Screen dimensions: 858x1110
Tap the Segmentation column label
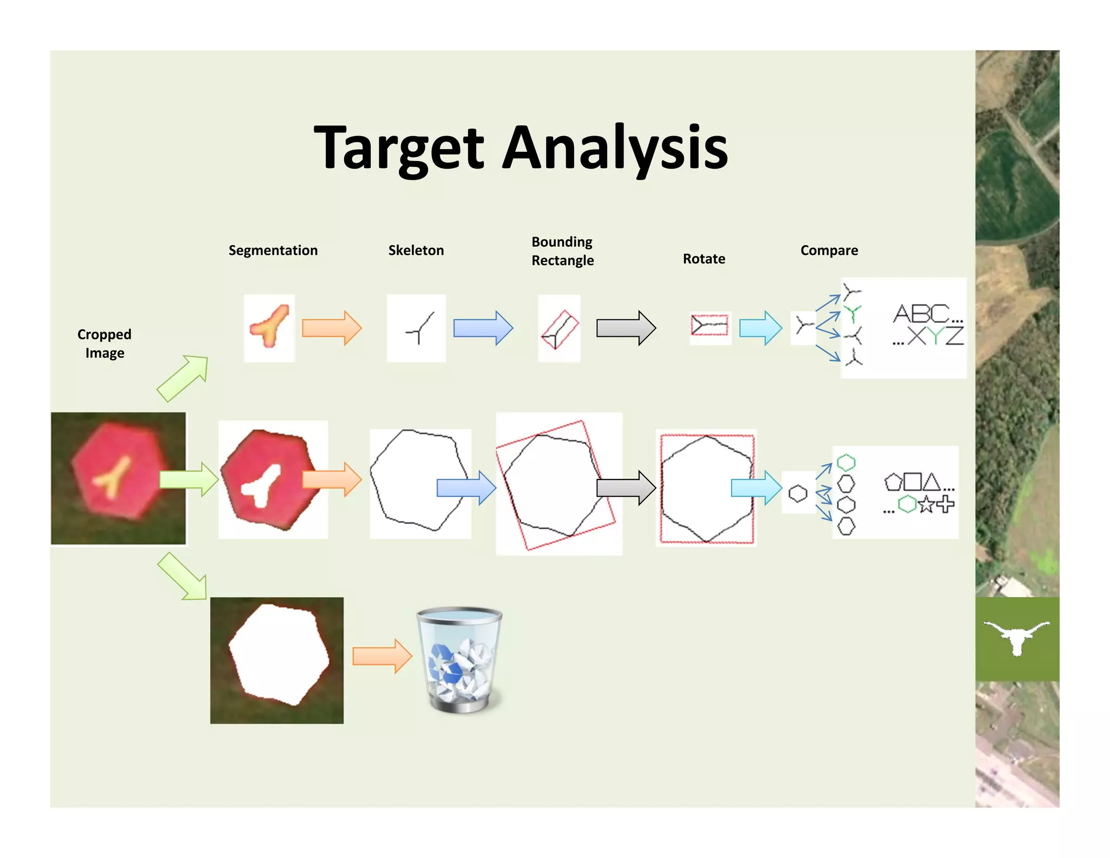[273, 250]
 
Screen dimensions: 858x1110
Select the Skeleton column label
[416, 250]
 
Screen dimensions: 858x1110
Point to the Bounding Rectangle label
[562, 251]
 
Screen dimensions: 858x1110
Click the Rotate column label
[704, 259]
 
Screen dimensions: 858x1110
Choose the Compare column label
[829, 250]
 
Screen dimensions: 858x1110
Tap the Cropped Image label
[104, 343]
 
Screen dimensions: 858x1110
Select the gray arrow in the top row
[626, 328]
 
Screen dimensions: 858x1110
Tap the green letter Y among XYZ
[936, 336]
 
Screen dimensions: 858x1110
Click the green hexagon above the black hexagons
[846, 463]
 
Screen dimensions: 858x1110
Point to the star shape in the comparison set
[926, 505]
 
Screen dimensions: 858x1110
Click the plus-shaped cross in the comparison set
[945, 504]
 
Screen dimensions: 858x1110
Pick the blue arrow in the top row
[483, 328]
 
